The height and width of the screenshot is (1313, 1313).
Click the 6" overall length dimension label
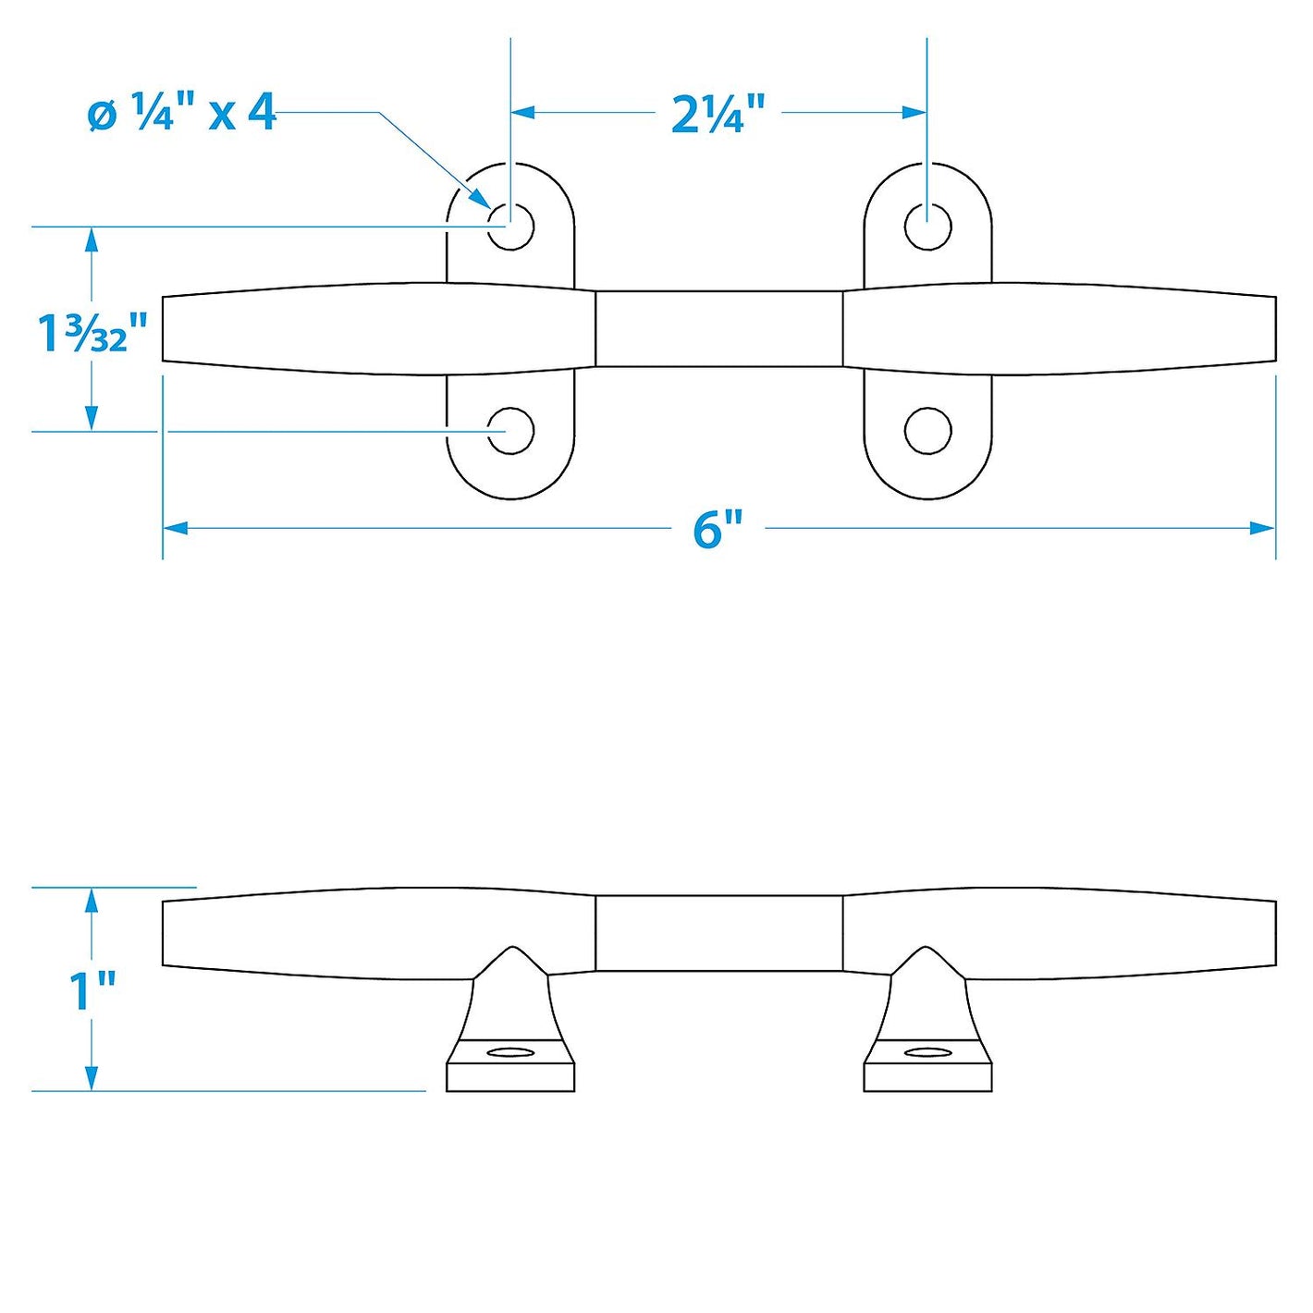(718, 529)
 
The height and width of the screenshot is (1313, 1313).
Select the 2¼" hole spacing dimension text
(718, 114)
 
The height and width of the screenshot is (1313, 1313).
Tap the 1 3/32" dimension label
(92, 332)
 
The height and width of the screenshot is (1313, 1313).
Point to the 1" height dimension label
(92, 989)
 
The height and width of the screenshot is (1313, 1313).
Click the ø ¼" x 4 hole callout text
(182, 114)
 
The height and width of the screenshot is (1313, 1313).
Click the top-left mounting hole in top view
(510, 226)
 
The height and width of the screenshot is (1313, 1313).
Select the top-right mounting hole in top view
(927, 226)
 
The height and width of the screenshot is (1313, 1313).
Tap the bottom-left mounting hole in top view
(510, 431)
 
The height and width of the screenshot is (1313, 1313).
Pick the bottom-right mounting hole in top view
(927, 431)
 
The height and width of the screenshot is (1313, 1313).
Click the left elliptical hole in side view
(510, 1052)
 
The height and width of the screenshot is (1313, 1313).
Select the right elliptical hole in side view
(927, 1052)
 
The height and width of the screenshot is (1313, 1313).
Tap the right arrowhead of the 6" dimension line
(1262, 529)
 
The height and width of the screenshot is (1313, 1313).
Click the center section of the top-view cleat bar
(718, 329)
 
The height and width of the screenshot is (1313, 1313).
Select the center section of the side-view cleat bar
(718, 933)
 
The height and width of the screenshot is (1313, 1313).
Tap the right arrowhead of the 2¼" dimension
(914, 113)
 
